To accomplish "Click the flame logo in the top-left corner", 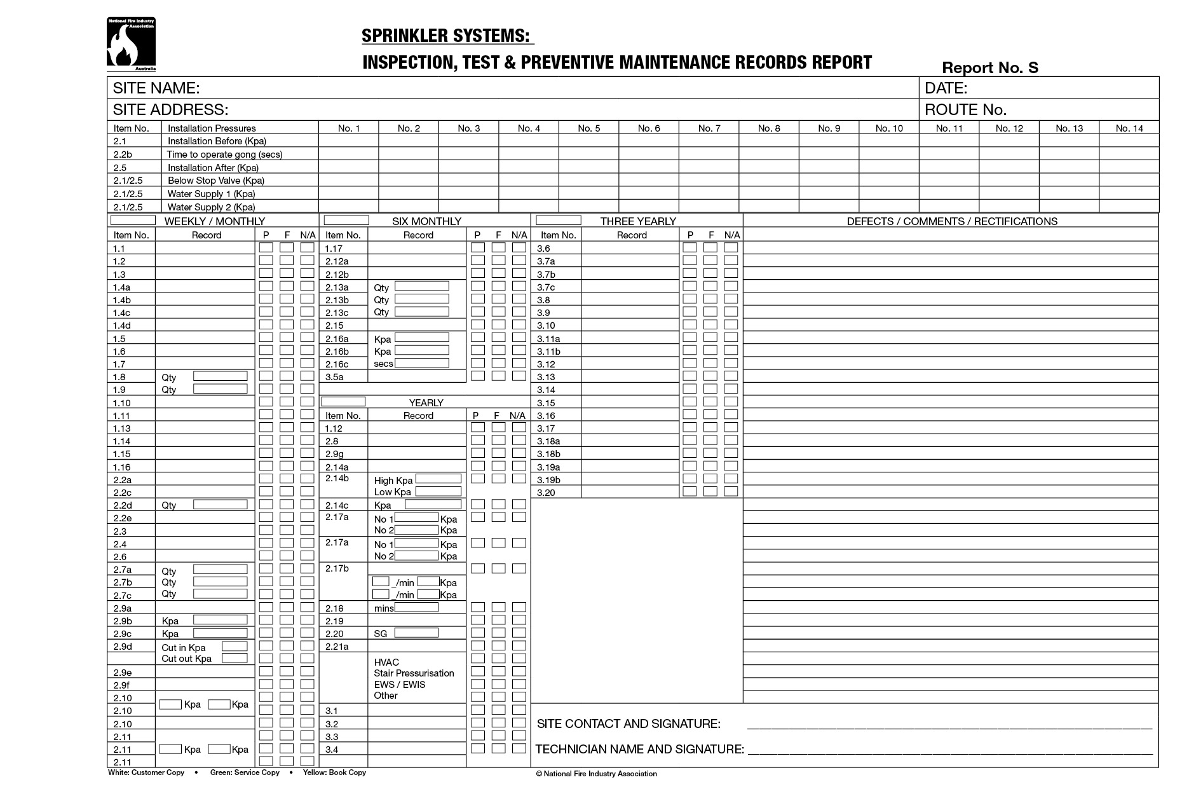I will [x=130, y=44].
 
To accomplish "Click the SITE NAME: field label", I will [x=156, y=88].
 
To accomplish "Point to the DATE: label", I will [x=946, y=88].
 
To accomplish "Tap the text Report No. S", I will [x=989, y=67].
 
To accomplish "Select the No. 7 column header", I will [x=709, y=128].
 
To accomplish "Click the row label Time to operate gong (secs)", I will [x=224, y=154].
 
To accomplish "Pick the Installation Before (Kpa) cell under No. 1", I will [x=348, y=141].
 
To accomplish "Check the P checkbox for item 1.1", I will [x=266, y=247].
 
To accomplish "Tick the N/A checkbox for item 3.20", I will [x=731, y=491].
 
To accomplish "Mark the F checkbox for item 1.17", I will [x=498, y=247].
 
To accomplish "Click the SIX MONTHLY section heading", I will [x=426, y=221].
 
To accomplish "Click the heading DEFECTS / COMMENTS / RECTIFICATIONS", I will [x=951, y=221].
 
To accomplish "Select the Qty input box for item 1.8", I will [x=220, y=376].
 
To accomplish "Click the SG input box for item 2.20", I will [x=416, y=633].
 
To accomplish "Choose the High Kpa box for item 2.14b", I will [x=438, y=479].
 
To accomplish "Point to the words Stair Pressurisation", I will [x=414, y=673].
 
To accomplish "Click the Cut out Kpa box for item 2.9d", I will [x=234, y=658].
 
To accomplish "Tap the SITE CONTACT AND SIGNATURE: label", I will [x=628, y=724].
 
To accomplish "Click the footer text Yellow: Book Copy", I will [x=334, y=773].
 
